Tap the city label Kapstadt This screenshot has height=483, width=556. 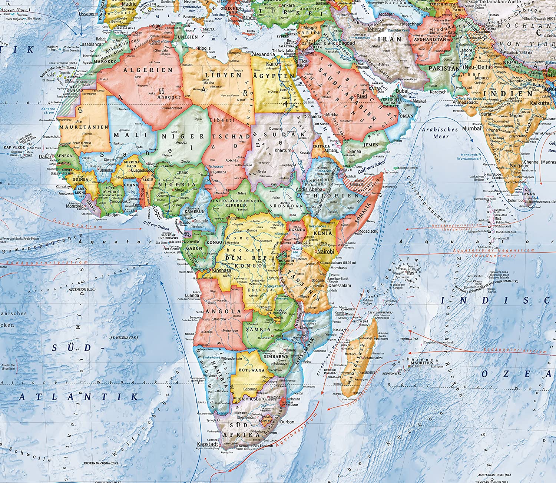207,444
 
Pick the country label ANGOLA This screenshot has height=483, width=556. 221,312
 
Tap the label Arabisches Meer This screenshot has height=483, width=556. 440,133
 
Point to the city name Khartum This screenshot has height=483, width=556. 283,150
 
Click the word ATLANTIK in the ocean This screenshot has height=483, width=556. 78,397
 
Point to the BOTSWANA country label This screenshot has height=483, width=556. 252,370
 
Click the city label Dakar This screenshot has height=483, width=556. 44,157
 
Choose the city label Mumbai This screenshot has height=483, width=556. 471,128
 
